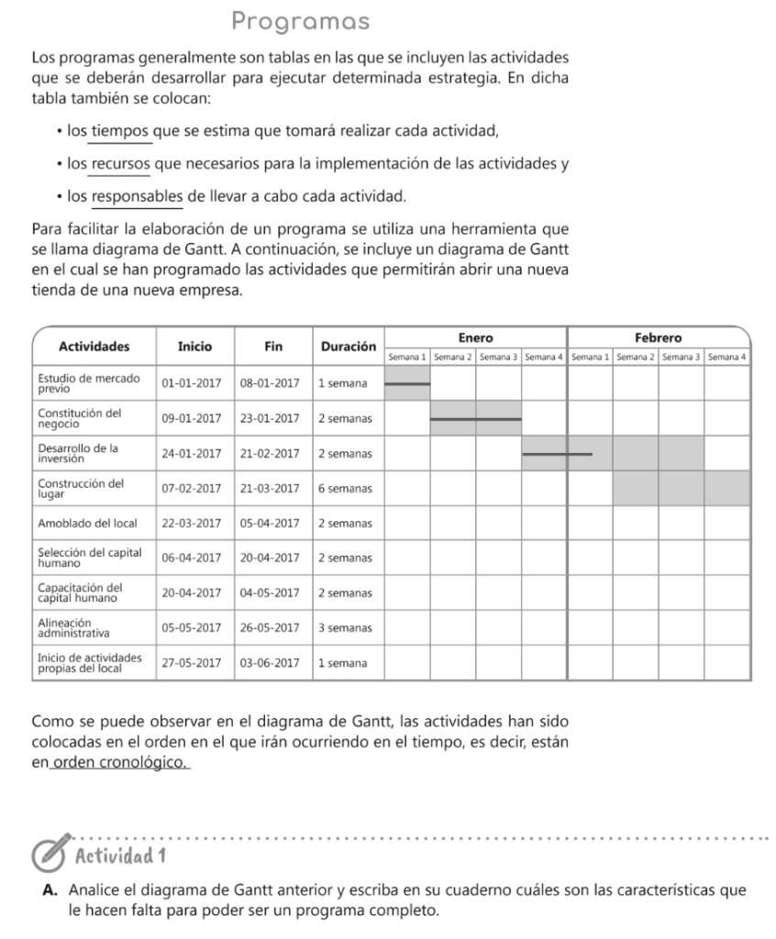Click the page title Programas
coord(301,20)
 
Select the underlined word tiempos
coord(121,132)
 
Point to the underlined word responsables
coord(138,196)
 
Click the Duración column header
coord(349,347)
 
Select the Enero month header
coord(475,337)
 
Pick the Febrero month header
coord(659,337)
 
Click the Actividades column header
coord(94,347)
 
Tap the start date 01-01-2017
coord(192,382)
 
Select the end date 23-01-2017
coord(270,418)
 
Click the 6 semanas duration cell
coord(345,488)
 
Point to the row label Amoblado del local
coord(87,524)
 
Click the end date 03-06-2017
coord(270,663)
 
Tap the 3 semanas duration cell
coord(345,628)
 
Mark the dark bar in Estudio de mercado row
coord(406,383)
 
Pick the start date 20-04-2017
coord(192,593)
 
